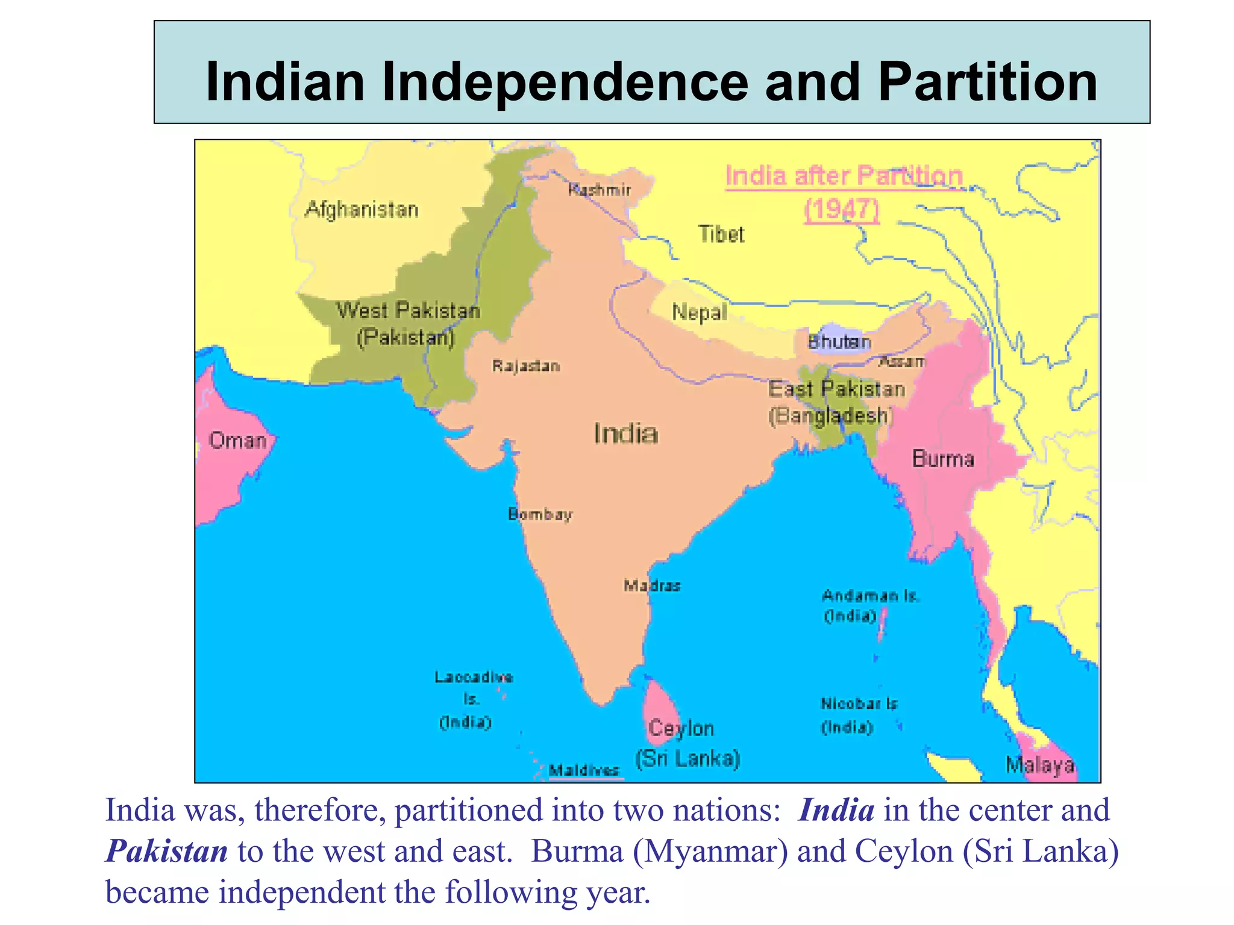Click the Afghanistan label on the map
(x=362, y=210)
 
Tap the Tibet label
(x=721, y=234)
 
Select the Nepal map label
(x=699, y=313)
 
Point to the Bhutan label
(x=839, y=342)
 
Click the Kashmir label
(x=600, y=190)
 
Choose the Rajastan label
(x=526, y=366)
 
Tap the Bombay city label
(x=540, y=514)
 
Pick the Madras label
(x=652, y=585)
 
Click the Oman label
(x=237, y=441)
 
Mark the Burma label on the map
(x=943, y=459)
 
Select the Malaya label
(x=1040, y=765)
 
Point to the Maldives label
(x=584, y=770)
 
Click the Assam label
(x=901, y=361)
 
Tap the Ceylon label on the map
(x=681, y=729)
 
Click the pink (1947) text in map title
(x=842, y=210)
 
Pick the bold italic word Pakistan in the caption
(x=167, y=851)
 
